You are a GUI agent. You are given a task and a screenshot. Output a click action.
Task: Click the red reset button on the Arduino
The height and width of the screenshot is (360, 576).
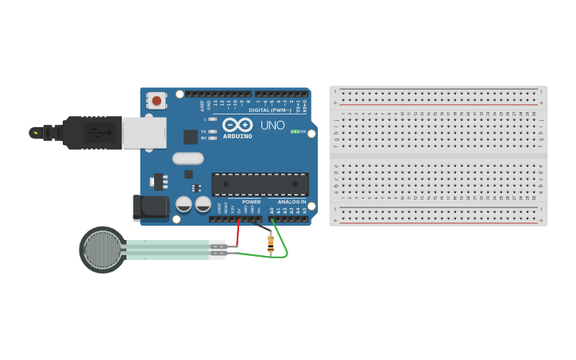click(157, 101)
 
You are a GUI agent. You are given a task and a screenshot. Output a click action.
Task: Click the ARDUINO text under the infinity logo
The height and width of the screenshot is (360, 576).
click(238, 136)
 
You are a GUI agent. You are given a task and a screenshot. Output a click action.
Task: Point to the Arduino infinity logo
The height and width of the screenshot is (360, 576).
click(237, 125)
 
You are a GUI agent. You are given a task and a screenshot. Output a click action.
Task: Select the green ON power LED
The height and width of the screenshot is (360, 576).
click(296, 131)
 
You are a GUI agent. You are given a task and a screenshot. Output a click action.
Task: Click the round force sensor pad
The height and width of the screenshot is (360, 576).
click(102, 250)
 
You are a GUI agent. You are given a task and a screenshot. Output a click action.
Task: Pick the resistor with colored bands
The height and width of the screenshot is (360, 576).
click(271, 244)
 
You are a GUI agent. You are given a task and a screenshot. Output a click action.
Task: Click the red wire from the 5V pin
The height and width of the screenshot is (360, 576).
click(238, 233)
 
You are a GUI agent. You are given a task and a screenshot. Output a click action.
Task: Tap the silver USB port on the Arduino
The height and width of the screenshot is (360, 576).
click(145, 132)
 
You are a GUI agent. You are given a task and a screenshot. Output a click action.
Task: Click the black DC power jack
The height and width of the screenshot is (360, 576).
click(150, 208)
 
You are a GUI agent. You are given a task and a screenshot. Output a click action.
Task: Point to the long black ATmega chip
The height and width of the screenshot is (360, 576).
click(260, 184)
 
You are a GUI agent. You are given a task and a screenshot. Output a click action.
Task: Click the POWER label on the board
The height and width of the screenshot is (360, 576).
click(251, 202)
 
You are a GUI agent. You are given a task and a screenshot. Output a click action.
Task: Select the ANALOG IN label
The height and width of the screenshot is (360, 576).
click(292, 202)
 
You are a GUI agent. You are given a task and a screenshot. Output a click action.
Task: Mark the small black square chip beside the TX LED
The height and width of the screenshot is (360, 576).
click(191, 136)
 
